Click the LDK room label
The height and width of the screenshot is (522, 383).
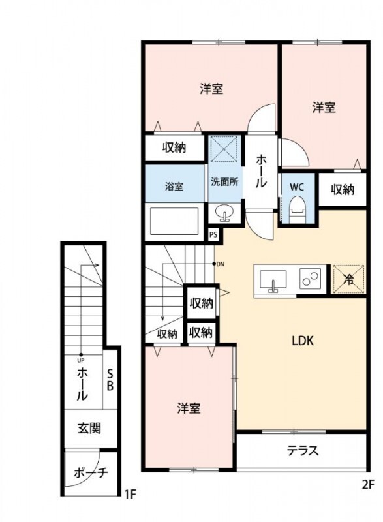[x=303, y=340]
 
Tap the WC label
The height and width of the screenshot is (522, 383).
[x=297, y=187]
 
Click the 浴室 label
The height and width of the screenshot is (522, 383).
[x=174, y=187]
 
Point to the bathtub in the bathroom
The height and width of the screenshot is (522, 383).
[x=174, y=221]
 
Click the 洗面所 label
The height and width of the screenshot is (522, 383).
[x=223, y=182]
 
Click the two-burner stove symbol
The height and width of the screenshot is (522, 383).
[x=309, y=280]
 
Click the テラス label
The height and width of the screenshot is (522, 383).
[x=302, y=450]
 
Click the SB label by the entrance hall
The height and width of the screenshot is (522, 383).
[x=110, y=379]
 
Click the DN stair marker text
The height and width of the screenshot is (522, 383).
[x=222, y=264]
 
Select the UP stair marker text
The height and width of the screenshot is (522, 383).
[x=81, y=360]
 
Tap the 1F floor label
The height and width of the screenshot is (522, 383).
[x=130, y=494]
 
